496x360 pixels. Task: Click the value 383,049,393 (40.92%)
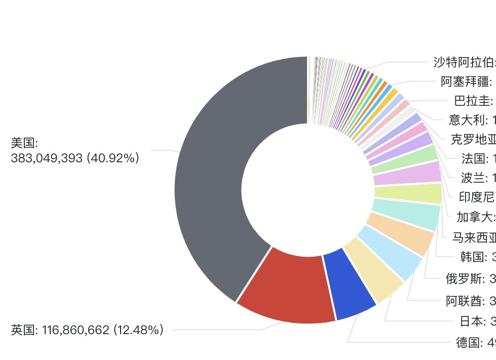[x=75, y=158]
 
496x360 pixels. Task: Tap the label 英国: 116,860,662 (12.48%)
[x=87, y=330]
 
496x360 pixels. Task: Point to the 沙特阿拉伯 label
[x=464, y=63]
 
